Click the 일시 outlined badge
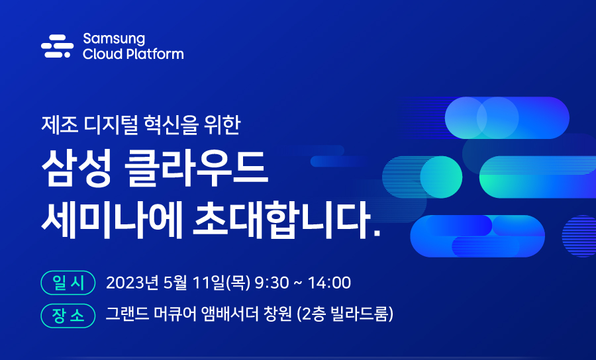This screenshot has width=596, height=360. [68, 283]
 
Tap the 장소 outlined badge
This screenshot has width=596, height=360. [68, 314]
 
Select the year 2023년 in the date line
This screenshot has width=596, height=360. [130, 283]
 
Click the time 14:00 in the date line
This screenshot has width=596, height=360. [328, 283]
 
